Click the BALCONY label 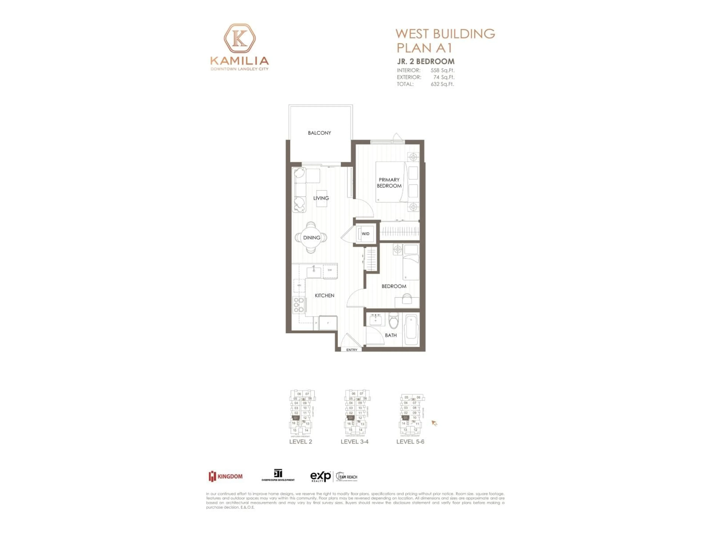(319, 133)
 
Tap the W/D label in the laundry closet (365, 234)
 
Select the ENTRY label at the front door (352, 350)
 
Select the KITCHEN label (324, 295)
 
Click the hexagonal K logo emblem (239, 38)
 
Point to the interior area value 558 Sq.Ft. (442, 70)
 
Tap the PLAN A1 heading (424, 48)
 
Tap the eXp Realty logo (321, 476)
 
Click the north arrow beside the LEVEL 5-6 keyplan (434, 423)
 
